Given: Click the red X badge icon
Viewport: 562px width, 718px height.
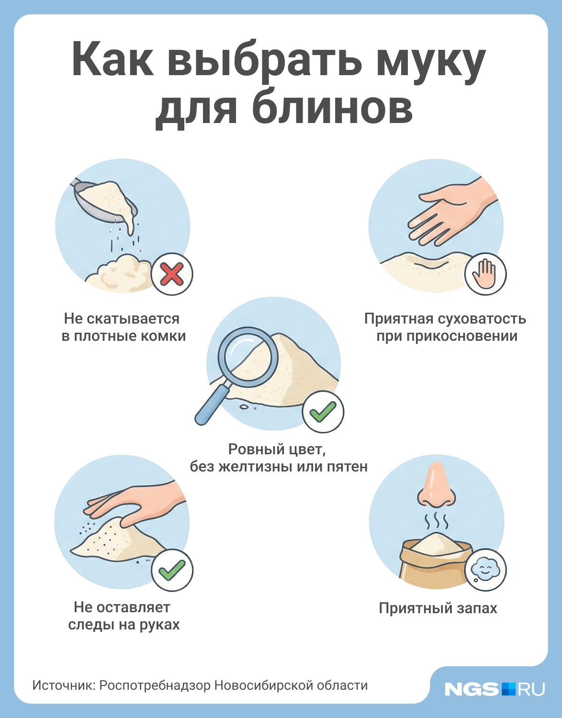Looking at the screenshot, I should tap(172, 274).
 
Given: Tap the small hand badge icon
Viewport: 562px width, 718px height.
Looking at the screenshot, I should tap(485, 274).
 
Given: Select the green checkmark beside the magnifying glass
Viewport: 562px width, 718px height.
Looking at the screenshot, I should tap(323, 412).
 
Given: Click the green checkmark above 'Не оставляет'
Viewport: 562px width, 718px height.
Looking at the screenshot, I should tap(172, 570).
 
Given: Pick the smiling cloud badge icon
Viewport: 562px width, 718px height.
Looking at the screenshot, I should tap(485, 570).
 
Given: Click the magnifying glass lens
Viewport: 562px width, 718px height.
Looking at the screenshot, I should tap(248, 357).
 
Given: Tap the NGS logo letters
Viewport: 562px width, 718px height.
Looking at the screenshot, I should tap(471, 689).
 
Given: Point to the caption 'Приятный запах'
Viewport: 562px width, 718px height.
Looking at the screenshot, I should tap(438, 608).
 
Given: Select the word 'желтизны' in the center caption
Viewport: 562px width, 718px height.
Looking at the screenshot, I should tap(255, 466).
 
